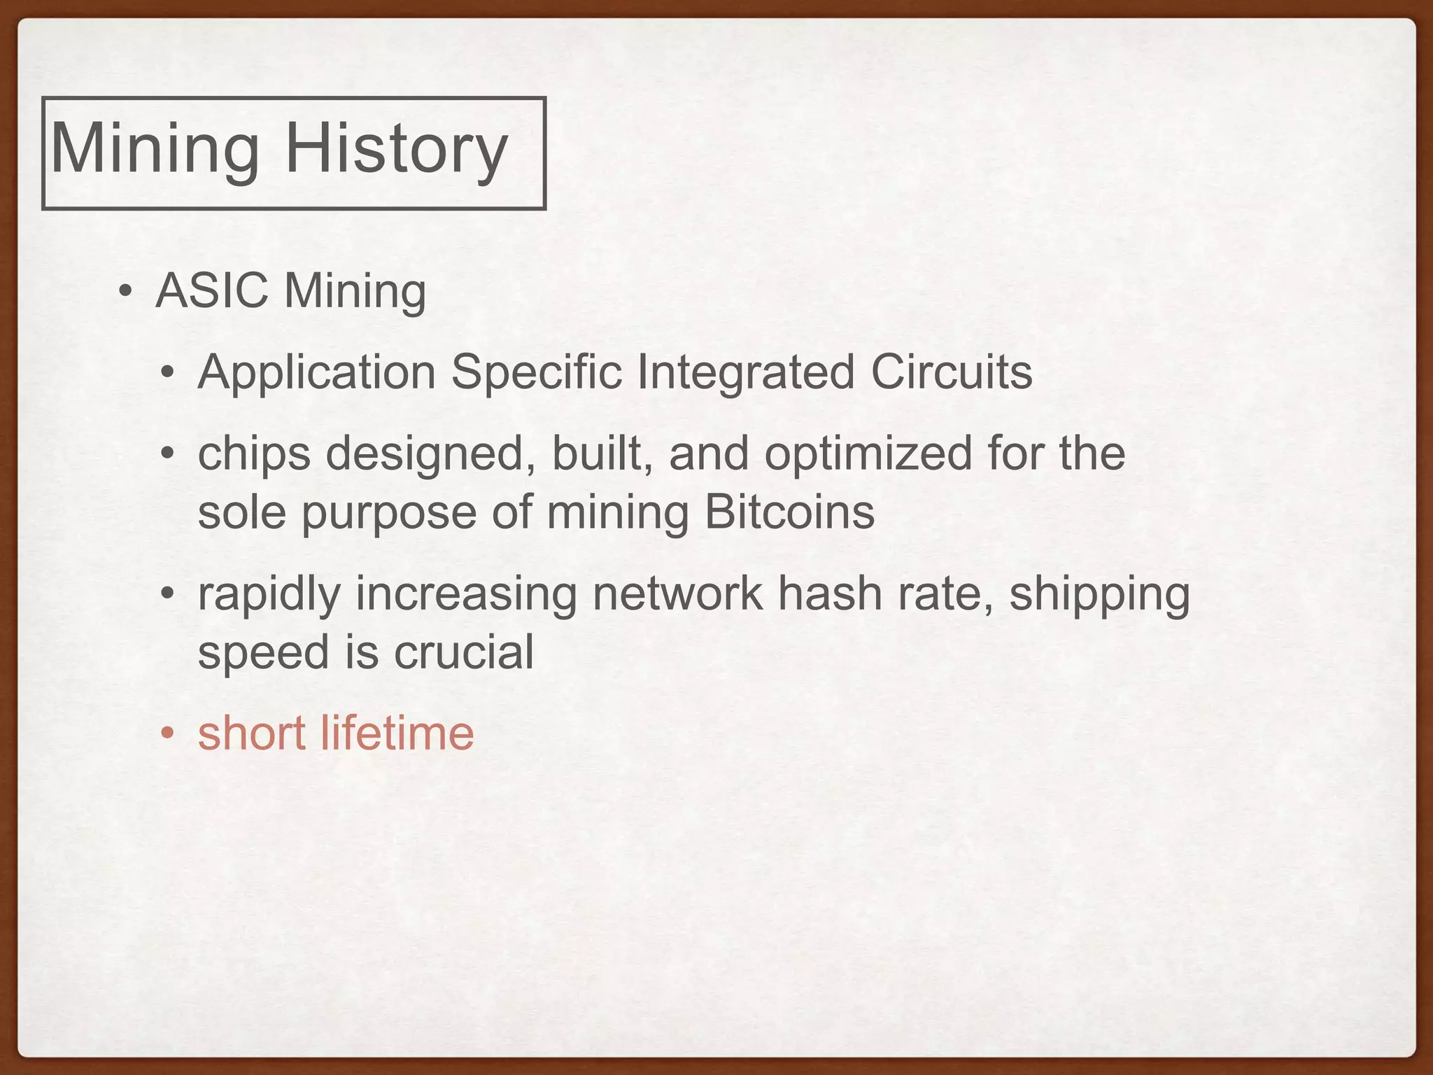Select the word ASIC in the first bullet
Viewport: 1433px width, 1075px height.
coord(212,290)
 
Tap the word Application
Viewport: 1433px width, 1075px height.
coord(316,372)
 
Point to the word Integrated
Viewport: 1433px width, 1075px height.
coord(745,372)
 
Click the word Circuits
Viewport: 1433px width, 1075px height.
coord(951,372)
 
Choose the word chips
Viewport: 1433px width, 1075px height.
coord(254,454)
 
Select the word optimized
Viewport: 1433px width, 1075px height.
coord(868,454)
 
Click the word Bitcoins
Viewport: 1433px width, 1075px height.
coord(789,512)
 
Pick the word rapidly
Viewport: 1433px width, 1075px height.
coord(269,595)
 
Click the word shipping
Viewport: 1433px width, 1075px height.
coord(1099,595)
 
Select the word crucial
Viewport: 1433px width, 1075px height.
coord(464,652)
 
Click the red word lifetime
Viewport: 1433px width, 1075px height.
coord(397,733)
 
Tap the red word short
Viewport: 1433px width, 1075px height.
coord(252,733)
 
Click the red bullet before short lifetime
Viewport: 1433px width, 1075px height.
coord(167,734)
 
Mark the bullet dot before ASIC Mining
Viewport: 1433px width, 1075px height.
coord(125,291)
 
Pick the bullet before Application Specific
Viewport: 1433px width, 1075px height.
coord(167,373)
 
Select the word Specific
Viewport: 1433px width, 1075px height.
coord(536,372)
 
